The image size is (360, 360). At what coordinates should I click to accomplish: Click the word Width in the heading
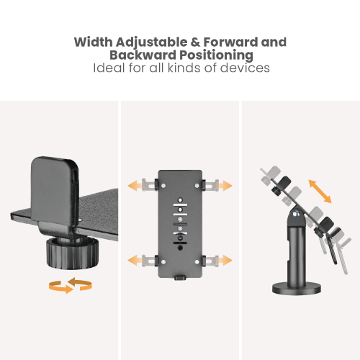(x=93, y=42)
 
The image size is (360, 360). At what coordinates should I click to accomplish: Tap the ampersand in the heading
(x=195, y=42)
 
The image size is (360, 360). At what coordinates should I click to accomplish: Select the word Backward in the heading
(x=143, y=55)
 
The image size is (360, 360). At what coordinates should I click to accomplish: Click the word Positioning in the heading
(x=217, y=55)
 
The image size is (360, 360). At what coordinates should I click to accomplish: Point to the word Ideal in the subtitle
(x=109, y=68)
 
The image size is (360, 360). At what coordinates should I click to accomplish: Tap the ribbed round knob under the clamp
(x=72, y=253)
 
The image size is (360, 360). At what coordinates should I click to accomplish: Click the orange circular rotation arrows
(x=71, y=285)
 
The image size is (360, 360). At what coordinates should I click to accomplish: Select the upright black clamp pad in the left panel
(x=55, y=189)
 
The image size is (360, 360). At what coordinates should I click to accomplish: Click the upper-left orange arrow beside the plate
(x=135, y=186)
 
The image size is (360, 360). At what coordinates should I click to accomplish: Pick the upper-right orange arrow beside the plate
(x=225, y=186)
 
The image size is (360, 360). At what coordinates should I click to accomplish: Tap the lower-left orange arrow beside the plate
(x=135, y=260)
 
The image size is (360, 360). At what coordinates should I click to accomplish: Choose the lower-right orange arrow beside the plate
(x=225, y=260)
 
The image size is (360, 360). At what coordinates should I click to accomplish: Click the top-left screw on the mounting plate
(x=163, y=186)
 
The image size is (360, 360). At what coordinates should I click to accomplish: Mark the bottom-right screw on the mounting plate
(x=197, y=262)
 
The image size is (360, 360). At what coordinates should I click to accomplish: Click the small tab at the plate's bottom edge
(x=180, y=278)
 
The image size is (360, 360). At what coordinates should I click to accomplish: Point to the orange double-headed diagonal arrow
(x=320, y=192)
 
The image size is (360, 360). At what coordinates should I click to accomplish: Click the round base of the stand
(x=297, y=289)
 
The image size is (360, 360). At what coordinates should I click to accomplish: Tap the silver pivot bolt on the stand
(x=296, y=213)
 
